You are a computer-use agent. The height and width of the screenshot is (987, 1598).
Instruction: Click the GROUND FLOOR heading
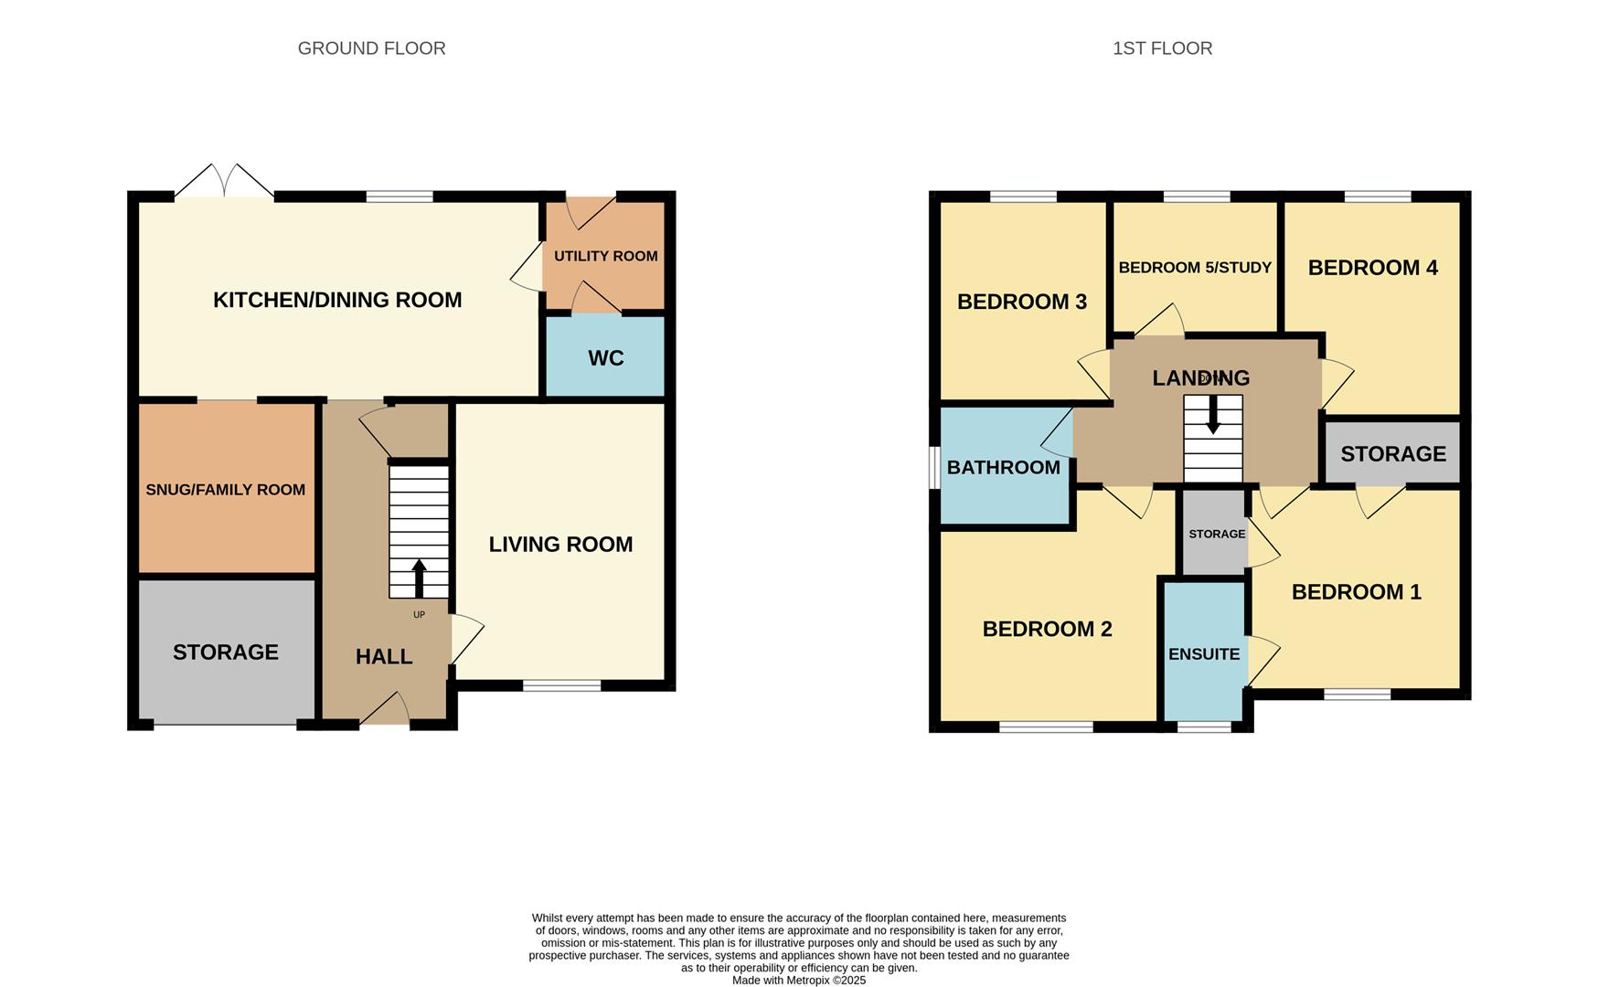pos(371,48)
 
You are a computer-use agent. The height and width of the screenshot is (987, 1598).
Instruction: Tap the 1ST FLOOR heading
pos(1162,48)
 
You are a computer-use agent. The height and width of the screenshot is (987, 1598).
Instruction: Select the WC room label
pos(605,358)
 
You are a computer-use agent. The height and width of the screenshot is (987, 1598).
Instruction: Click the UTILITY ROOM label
pos(605,256)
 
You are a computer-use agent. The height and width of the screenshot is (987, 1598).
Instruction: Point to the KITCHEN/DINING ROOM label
pos(337,300)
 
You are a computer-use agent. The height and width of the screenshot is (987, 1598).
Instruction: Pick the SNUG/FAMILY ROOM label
pos(225,490)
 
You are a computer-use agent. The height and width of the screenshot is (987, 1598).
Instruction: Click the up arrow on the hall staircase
pos(419,578)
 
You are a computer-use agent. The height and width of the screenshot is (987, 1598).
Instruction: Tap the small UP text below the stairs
pos(419,615)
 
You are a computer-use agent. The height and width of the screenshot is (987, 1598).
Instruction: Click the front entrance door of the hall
pos(385,713)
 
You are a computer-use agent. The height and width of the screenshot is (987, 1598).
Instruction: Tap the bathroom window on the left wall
pos(934,467)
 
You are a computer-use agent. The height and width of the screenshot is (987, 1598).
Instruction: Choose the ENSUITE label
pos(1204,654)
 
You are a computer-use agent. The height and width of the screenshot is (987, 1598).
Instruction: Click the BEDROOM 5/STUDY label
pos(1195,268)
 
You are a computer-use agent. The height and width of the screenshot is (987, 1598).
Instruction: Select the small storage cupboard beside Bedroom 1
pos(1216,534)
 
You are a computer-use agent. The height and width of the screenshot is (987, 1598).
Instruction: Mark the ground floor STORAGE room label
pos(225,653)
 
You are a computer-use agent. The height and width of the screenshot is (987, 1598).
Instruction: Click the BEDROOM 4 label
pos(1372,268)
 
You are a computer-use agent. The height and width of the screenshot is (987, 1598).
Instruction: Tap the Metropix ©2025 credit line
pos(798,981)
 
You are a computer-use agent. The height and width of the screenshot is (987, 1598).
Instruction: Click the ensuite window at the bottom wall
pos(1204,727)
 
